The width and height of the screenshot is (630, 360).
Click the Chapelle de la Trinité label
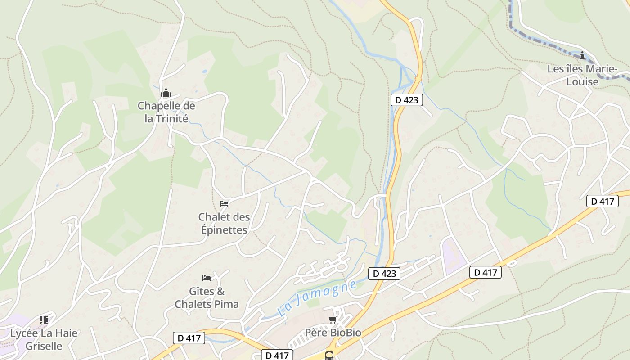tap(166, 112)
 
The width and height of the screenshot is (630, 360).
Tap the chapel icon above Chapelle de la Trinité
tap(166, 93)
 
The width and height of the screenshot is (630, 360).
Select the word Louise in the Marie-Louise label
tap(582, 82)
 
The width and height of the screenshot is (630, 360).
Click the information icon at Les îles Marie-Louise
tap(582, 56)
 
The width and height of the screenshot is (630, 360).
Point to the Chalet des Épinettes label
tap(224, 223)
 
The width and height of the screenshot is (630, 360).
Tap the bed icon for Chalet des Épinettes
tap(224, 204)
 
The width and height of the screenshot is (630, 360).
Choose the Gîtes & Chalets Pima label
tap(207, 297)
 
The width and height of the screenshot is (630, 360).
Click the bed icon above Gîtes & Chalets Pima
tap(207, 278)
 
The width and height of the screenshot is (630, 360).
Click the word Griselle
tap(44, 346)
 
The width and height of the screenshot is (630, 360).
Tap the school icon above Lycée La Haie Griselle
tap(44, 320)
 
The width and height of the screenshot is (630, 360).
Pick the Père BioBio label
tap(333, 333)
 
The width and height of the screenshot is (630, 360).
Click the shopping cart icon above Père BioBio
tap(333, 320)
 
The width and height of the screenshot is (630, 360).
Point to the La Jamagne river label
tap(317, 297)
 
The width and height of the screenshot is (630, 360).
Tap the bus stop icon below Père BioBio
tap(329, 355)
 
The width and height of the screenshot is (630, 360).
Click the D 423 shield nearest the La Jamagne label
tap(384, 273)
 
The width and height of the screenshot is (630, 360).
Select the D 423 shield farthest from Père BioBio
tap(406, 100)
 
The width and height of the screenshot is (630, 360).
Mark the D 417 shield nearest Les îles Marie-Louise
tap(602, 201)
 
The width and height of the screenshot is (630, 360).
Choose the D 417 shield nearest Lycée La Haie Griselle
tap(189, 338)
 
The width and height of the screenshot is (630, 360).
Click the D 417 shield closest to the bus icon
tap(277, 355)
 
